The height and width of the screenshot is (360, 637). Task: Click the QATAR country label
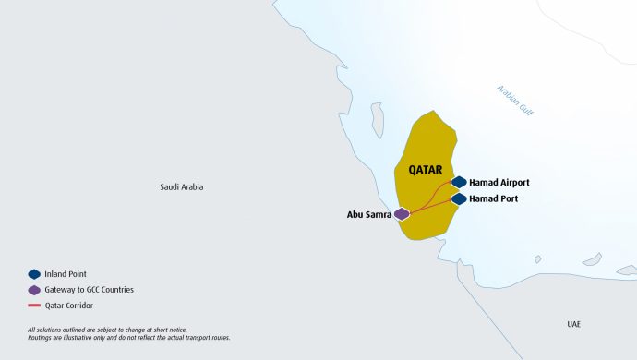[427, 170]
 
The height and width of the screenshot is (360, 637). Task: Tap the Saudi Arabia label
[181, 187]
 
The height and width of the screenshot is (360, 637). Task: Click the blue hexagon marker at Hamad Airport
[459, 182]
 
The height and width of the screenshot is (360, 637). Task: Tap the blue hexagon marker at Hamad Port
[459, 198]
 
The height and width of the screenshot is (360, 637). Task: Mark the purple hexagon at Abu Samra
[402, 214]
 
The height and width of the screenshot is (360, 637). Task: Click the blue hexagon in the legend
[34, 274]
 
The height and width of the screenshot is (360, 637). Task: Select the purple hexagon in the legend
[34, 290]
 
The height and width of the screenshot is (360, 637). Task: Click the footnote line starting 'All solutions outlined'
[107, 330]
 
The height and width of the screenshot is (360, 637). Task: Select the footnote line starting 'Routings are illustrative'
[128, 338]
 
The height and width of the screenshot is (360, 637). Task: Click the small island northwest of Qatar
[377, 120]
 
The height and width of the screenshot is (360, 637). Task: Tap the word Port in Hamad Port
[507, 198]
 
